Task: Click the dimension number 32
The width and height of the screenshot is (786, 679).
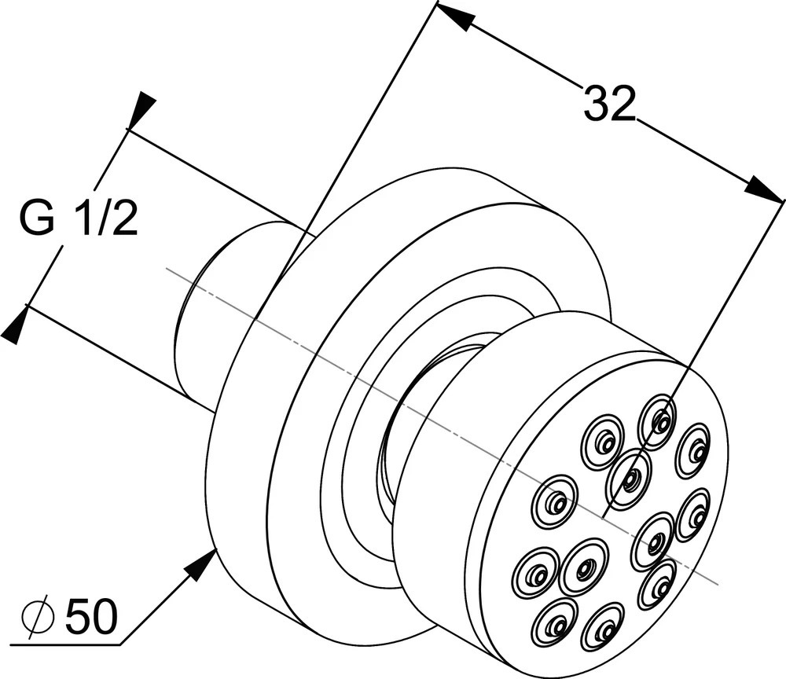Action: [608, 104]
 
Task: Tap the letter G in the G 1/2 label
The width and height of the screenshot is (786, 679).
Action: [38, 219]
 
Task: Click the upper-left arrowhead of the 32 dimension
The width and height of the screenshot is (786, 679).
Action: [454, 17]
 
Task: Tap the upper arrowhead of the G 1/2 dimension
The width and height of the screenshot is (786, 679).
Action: [142, 109]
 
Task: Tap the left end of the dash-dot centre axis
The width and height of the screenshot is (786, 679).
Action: [170, 270]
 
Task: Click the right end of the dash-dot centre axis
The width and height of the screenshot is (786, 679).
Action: [717, 582]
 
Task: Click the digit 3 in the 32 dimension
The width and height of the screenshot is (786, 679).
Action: [596, 104]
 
